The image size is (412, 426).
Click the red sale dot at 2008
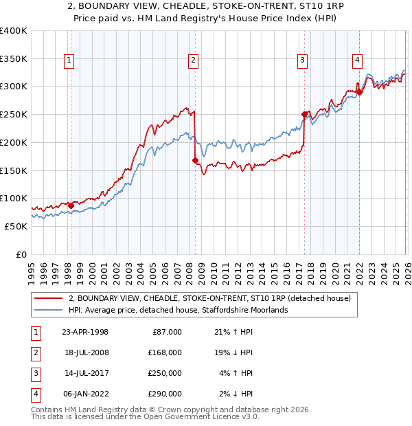(195, 160)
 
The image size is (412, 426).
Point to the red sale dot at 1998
(71, 205)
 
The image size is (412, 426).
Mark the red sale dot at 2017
(304, 114)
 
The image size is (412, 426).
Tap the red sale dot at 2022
(359, 91)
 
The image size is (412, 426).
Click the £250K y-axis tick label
(13, 114)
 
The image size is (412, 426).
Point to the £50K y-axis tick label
(16, 226)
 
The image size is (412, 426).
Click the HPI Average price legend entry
(178, 311)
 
